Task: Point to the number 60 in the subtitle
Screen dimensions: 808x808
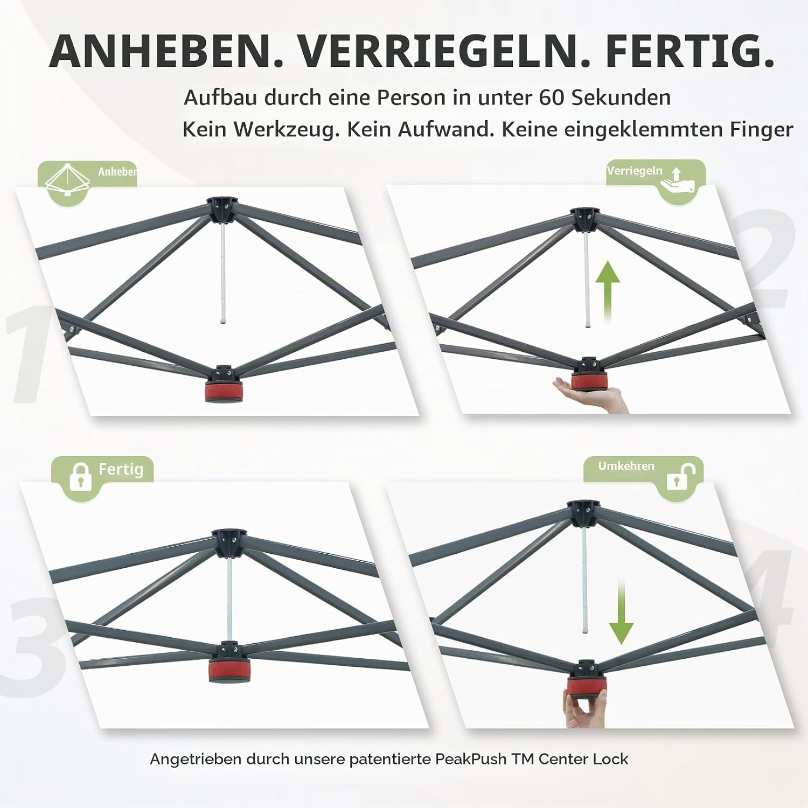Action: (x=552, y=97)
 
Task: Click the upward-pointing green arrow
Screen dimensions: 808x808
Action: (x=608, y=291)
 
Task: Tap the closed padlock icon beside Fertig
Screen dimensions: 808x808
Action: (x=81, y=476)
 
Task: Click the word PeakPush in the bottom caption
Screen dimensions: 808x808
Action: (x=471, y=759)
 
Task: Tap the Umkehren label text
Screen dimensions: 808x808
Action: (x=626, y=466)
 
